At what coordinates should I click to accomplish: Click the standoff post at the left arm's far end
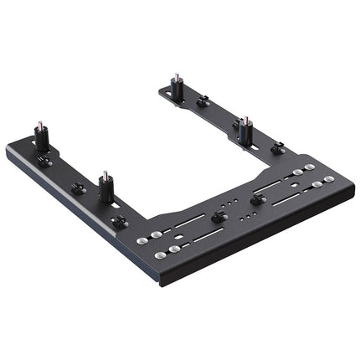click(x=41, y=137)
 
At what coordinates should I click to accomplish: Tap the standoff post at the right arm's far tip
click(x=177, y=87)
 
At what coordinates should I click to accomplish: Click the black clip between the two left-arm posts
click(x=78, y=189)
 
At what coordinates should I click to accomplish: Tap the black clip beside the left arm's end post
click(x=44, y=161)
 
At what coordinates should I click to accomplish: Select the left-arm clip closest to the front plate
click(x=120, y=221)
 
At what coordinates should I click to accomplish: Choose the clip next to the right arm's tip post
click(x=202, y=102)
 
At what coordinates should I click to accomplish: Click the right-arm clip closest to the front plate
click(x=277, y=148)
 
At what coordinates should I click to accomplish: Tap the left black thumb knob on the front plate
click(x=219, y=217)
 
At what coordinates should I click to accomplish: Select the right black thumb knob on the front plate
click(x=257, y=198)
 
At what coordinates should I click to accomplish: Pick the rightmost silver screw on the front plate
click(x=329, y=178)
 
